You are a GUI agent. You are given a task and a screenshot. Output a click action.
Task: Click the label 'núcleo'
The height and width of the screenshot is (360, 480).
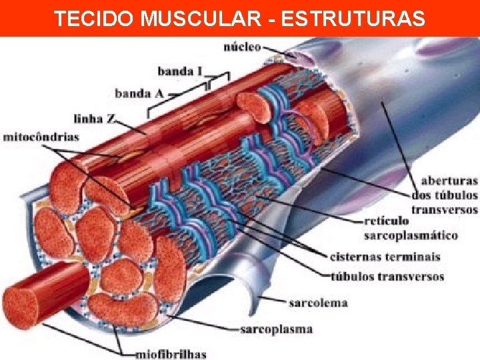click(242, 47)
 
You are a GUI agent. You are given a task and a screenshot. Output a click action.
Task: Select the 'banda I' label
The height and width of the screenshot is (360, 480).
click(179, 71)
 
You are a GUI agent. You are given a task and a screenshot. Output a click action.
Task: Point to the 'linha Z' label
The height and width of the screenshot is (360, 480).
click(97, 119)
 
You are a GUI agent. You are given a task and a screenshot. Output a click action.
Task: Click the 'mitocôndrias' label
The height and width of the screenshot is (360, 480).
click(41, 137)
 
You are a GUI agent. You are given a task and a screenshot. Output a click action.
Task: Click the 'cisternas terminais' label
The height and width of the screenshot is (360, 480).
click(385, 257)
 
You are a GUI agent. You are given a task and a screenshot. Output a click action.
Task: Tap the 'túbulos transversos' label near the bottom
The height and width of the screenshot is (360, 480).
click(387, 276)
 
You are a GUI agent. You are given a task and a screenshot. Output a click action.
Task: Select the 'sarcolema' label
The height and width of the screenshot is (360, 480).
click(318, 303)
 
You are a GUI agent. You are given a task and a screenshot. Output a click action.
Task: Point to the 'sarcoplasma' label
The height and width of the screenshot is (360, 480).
click(276, 329)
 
